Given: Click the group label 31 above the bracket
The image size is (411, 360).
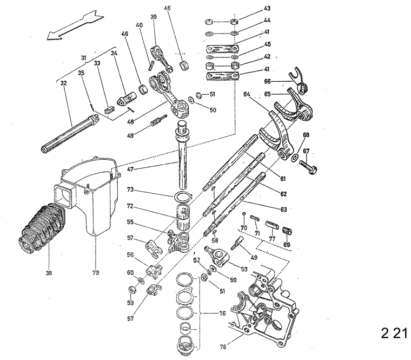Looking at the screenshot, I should coord(84,58).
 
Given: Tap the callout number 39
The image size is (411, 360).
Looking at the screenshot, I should coord(154,17).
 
